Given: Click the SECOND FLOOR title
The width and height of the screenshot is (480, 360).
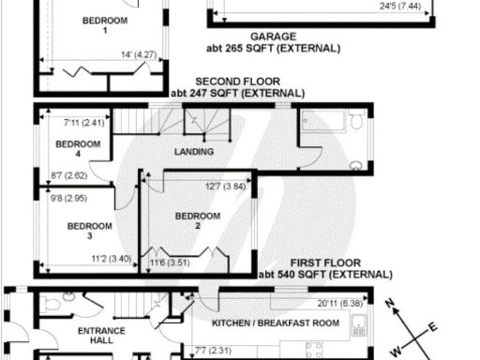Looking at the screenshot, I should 237,82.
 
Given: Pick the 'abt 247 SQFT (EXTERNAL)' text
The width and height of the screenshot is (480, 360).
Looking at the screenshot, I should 237,94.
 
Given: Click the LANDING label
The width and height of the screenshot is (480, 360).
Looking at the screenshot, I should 194,152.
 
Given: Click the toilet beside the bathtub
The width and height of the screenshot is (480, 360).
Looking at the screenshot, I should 356,122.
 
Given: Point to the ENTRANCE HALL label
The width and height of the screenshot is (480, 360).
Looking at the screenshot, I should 95,337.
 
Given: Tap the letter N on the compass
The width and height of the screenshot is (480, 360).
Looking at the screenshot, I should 397,303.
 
